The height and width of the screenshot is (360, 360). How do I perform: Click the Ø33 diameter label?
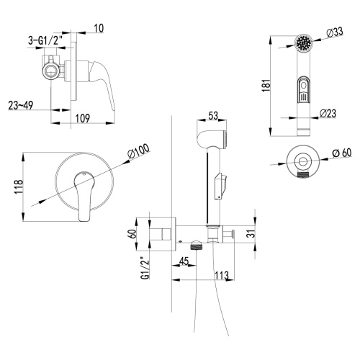(x=333, y=32)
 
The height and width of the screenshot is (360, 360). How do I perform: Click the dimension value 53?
(x=212, y=115)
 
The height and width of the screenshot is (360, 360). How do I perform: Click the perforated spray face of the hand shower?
(x=305, y=42)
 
